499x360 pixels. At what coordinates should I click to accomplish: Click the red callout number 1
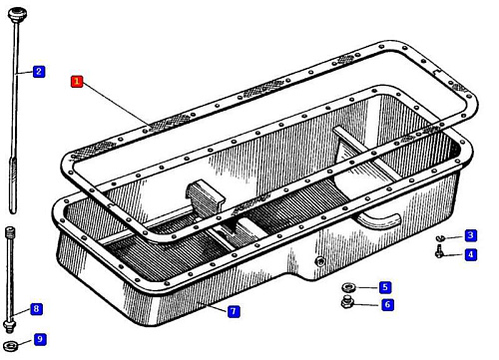[x=77, y=81]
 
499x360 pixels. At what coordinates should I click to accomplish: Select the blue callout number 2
[x=39, y=71]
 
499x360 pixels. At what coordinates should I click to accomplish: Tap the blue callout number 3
[x=470, y=235]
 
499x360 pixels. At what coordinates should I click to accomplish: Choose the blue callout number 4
[x=470, y=254]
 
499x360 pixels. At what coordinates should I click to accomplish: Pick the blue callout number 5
[x=385, y=287]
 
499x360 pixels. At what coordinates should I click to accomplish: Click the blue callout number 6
[x=387, y=304]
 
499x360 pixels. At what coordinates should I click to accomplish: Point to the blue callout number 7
[x=234, y=311]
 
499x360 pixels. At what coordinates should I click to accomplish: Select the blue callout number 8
[x=36, y=309]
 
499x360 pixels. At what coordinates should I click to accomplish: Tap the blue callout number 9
[x=40, y=339]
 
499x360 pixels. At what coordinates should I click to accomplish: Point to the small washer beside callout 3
[x=440, y=238]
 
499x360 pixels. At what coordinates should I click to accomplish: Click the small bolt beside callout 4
[x=439, y=251]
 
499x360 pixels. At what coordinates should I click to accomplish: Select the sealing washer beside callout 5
[x=348, y=287]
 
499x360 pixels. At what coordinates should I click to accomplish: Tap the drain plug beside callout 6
[x=347, y=302]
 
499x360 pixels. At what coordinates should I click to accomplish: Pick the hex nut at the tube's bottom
[x=9, y=325]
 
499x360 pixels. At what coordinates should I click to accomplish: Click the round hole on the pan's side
[x=319, y=261]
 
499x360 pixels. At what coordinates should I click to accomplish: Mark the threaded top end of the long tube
[x=10, y=231]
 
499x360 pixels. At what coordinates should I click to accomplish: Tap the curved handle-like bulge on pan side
[x=379, y=219]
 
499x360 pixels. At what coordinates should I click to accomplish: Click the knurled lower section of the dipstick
[x=13, y=171]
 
